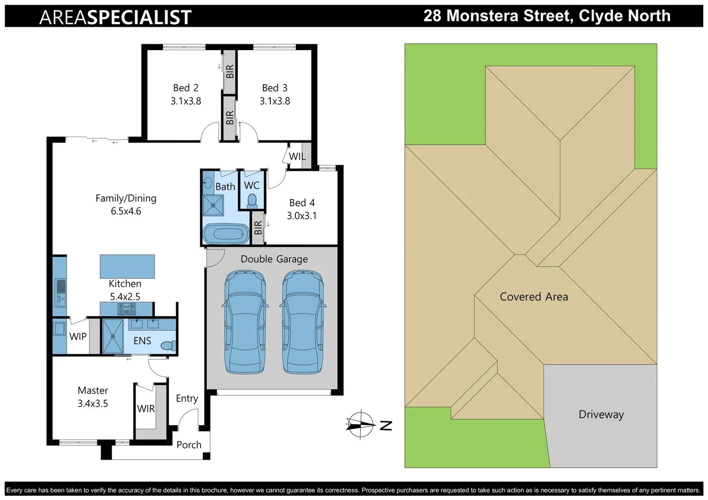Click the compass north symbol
click(361, 424)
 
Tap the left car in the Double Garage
click(245, 321)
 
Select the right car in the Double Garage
click(303, 321)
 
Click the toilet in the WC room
click(252, 200)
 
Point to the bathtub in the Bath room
click(226, 234)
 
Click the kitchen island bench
click(127, 266)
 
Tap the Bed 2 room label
click(185, 88)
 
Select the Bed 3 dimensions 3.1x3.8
click(274, 101)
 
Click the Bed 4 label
click(302, 203)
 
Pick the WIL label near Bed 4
click(297, 156)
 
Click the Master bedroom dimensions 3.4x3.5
click(93, 404)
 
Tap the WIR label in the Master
click(146, 409)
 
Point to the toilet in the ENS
click(168, 345)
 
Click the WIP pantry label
click(78, 337)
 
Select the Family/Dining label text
click(126, 198)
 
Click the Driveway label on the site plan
click(601, 414)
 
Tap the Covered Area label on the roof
click(534, 297)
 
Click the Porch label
click(189, 445)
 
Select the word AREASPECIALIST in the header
click(115, 17)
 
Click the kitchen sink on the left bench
click(60, 287)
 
